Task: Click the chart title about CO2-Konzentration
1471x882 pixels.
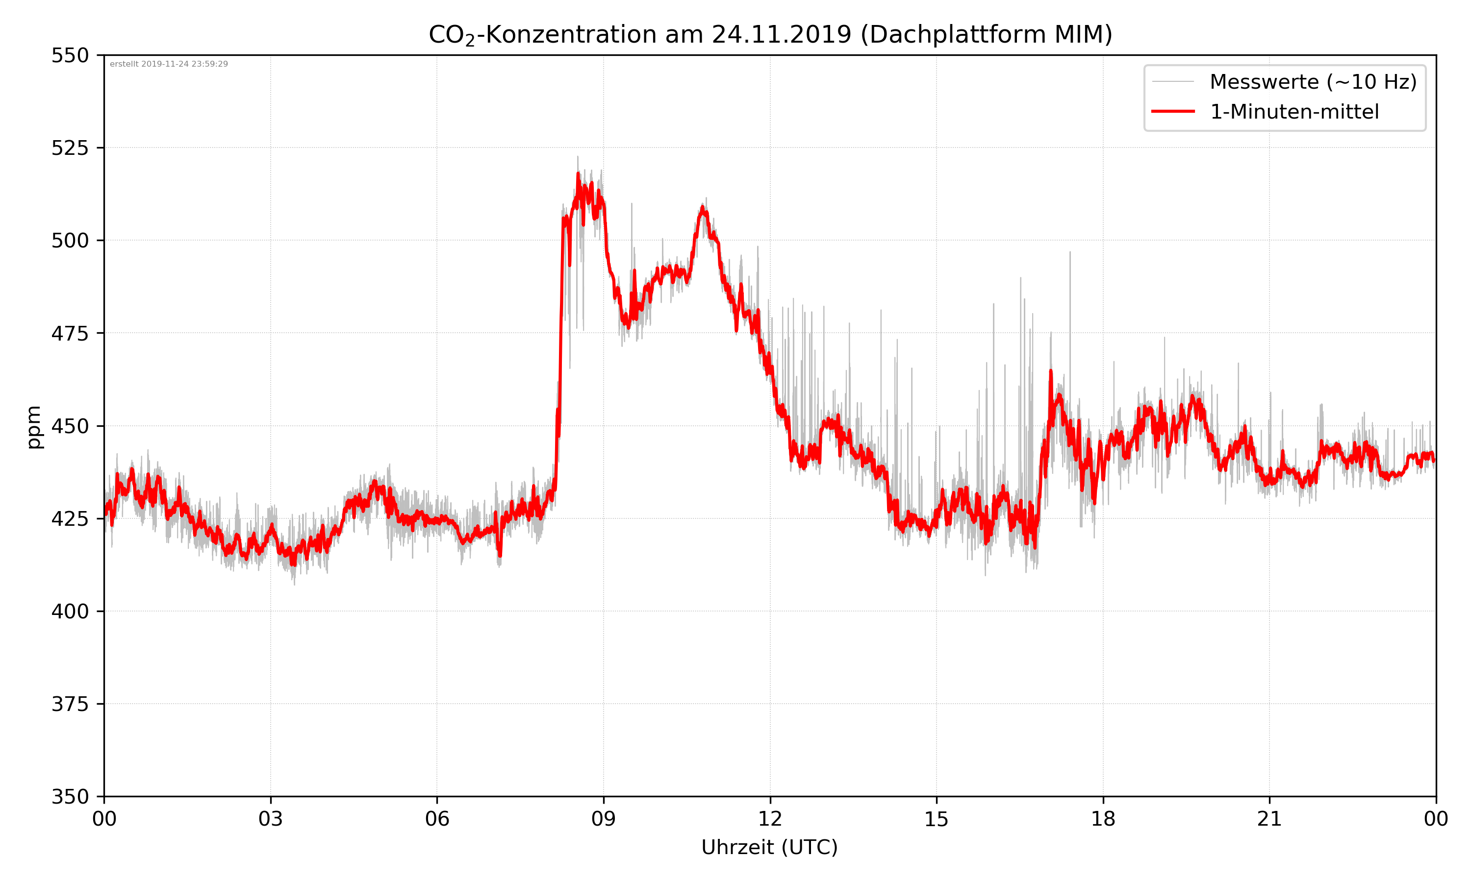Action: tap(770, 34)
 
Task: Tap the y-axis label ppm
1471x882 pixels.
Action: tap(34, 426)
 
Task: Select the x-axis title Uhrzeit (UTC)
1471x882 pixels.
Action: tap(769, 847)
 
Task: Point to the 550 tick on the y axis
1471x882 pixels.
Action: tap(70, 55)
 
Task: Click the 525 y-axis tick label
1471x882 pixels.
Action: tap(70, 148)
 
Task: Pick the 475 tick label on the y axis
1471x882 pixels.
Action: tap(70, 333)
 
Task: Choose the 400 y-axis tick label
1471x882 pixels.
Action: tap(70, 612)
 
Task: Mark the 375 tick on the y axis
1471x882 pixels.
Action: tap(70, 704)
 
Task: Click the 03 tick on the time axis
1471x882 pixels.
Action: tap(271, 819)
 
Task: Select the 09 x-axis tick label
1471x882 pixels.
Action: tap(604, 819)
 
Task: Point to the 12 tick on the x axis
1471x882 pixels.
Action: tap(770, 819)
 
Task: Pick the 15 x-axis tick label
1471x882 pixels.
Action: tap(937, 819)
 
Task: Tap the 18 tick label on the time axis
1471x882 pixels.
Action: tap(1103, 819)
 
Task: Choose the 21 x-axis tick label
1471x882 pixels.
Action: tap(1269, 819)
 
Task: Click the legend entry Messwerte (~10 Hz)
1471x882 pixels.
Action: tap(1313, 82)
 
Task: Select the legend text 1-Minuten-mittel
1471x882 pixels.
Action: tap(1294, 112)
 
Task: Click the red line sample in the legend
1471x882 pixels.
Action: tap(1172, 112)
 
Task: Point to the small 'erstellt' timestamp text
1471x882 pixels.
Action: tap(169, 64)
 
